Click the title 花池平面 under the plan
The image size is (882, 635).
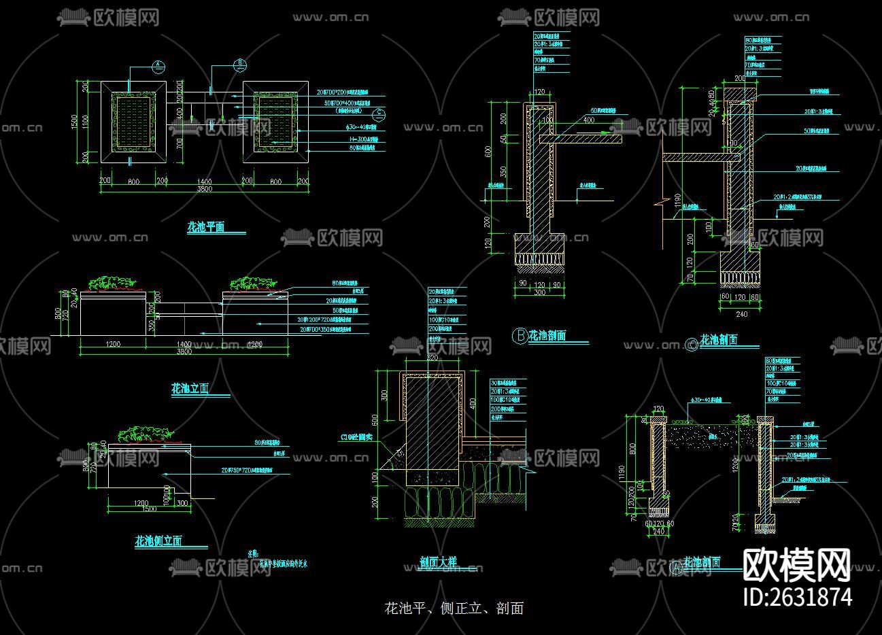click(x=205, y=227)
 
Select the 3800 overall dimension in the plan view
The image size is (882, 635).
click(x=204, y=189)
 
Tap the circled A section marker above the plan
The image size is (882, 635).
click(x=158, y=66)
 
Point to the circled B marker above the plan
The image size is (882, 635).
click(x=239, y=65)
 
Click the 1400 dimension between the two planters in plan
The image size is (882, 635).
click(x=204, y=181)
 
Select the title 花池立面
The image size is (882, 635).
click(x=190, y=389)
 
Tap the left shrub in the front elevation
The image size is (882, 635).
click(x=107, y=284)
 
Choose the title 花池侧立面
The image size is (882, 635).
click(x=158, y=541)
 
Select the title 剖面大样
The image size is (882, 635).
click(x=438, y=562)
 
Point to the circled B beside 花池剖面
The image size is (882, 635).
click(x=519, y=335)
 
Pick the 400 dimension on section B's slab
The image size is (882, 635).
click(x=588, y=120)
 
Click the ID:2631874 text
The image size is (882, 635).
click(x=798, y=596)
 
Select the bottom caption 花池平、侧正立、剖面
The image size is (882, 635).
click(x=454, y=608)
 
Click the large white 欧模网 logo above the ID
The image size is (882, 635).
click(x=797, y=564)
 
